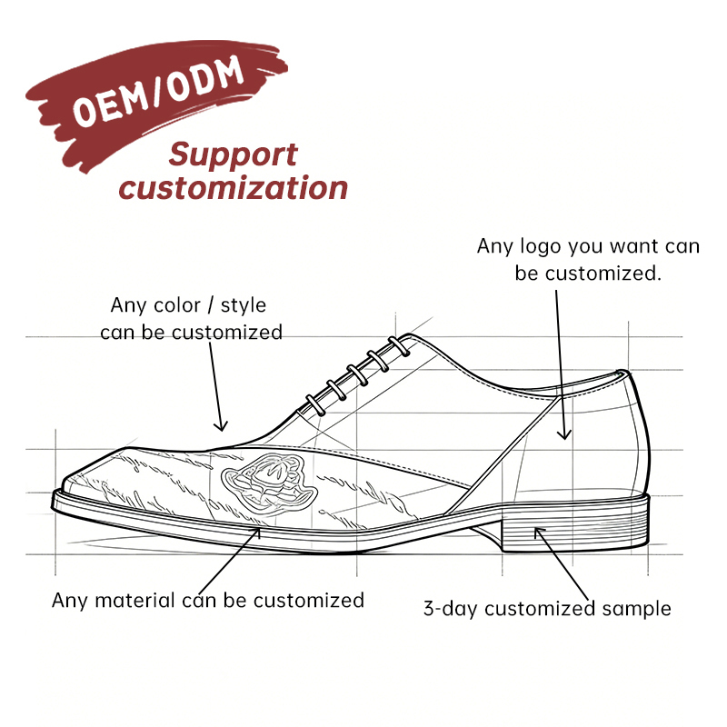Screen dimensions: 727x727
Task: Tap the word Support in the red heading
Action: pyautogui.click(x=233, y=155)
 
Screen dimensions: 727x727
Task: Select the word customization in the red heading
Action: pyautogui.click(x=233, y=188)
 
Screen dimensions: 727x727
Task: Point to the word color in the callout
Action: pyautogui.click(x=176, y=305)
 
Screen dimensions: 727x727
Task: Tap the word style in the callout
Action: pyautogui.click(x=243, y=306)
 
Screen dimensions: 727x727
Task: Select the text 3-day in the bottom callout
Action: pyautogui.click(x=450, y=609)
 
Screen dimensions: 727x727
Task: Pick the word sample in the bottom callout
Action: pyautogui.click(x=636, y=609)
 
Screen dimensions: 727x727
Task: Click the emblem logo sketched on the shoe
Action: pyautogui.click(x=269, y=483)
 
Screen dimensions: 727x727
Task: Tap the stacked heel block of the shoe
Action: pyautogui.click(x=575, y=525)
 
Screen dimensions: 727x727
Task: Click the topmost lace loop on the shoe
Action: pyautogui.click(x=399, y=346)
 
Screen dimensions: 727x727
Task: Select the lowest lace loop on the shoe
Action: pyautogui.click(x=315, y=404)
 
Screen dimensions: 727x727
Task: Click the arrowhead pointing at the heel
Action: pyautogui.click(x=539, y=533)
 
